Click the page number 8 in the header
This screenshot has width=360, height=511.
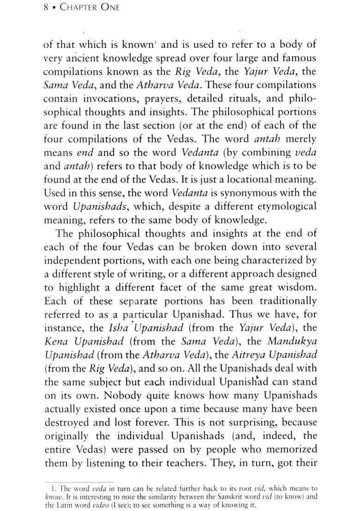(46, 7)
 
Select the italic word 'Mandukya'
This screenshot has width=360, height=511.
(294, 342)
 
